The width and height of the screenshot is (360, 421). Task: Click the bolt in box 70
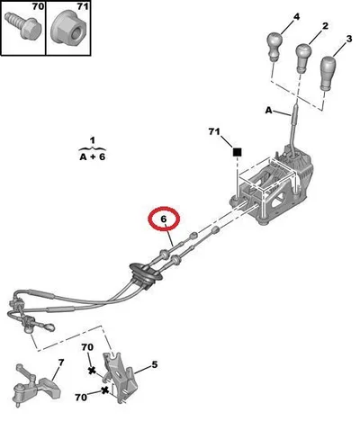(x=23, y=26)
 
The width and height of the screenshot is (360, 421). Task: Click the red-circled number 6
(x=164, y=219)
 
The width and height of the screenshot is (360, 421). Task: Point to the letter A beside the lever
(x=268, y=111)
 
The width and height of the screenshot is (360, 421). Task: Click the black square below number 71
(x=238, y=152)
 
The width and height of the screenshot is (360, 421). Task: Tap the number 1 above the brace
(x=93, y=140)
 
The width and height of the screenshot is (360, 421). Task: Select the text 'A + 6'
(x=93, y=157)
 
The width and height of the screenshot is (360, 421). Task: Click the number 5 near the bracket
(x=155, y=364)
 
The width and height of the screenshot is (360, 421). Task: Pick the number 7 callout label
(x=61, y=363)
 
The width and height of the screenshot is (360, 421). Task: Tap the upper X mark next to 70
(x=92, y=371)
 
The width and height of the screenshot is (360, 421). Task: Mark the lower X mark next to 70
(x=104, y=390)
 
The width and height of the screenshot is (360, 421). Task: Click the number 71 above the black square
(x=214, y=131)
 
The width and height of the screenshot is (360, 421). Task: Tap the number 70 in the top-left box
(x=38, y=6)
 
